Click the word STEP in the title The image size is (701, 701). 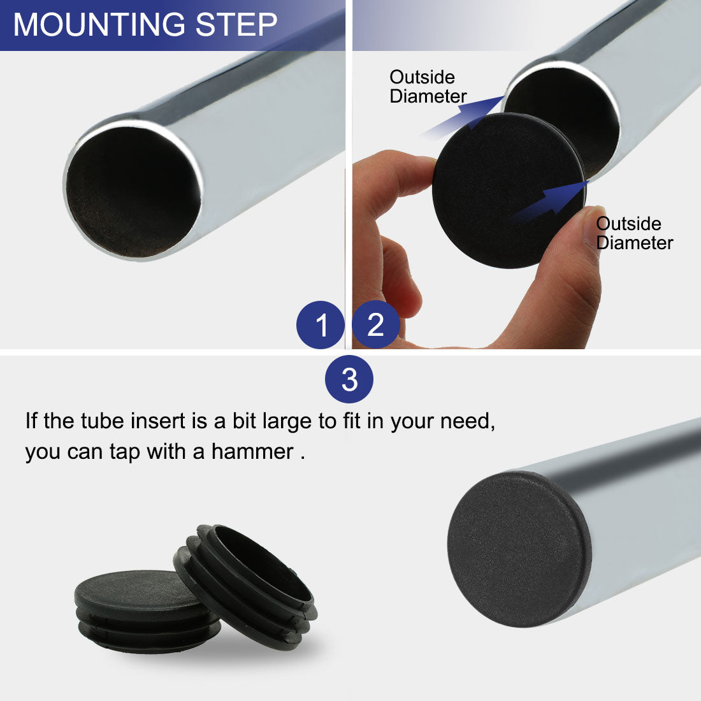point(236,25)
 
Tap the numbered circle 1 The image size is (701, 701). point(321,325)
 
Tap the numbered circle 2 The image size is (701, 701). point(376,324)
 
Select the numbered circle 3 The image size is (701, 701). point(349,380)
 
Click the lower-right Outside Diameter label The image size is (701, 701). point(633,233)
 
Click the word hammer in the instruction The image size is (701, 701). point(252,452)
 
